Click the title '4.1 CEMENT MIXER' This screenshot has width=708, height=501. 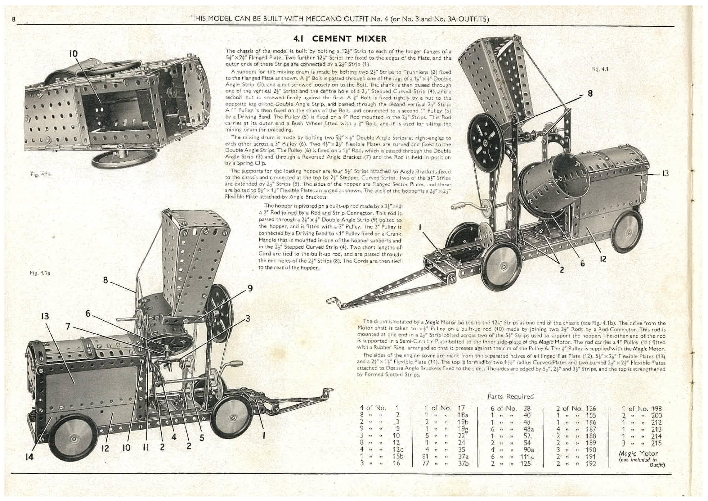click(340, 39)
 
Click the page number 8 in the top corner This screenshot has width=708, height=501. click(14, 19)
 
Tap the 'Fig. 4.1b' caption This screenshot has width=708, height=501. click(41, 174)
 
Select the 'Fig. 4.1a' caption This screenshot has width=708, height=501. click(40, 273)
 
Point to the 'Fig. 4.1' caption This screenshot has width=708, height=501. click(599, 69)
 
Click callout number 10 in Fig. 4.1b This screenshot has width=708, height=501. click(73, 53)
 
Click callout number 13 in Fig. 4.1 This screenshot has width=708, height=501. click(665, 174)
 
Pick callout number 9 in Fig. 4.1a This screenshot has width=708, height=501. click(250, 288)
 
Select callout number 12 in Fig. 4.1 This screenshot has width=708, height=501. click(603, 259)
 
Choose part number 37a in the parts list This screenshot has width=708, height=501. click(463, 456)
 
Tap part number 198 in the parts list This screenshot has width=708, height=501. click(656, 408)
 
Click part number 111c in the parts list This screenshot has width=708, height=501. click(527, 456)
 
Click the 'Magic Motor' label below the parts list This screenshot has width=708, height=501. click(638, 454)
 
